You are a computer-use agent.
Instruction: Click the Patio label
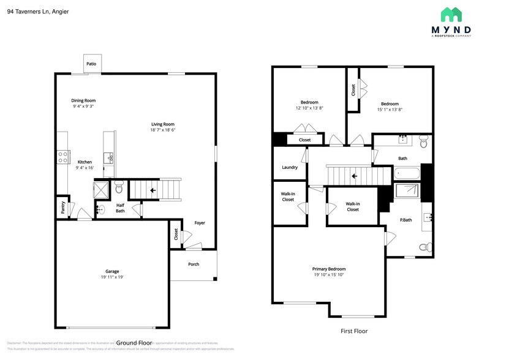(x=91, y=64)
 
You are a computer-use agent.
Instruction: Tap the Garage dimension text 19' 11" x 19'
(x=111, y=277)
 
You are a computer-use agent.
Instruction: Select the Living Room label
(x=163, y=124)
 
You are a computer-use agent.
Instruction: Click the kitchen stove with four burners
(x=62, y=157)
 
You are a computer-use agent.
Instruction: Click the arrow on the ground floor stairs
(x=152, y=190)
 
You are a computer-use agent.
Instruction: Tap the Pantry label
(x=62, y=208)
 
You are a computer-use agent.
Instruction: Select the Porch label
(x=194, y=264)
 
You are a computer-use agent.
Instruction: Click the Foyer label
(x=200, y=223)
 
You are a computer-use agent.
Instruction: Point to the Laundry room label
(x=290, y=167)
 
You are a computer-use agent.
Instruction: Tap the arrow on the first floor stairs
(x=353, y=176)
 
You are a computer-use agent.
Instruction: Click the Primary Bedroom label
(x=329, y=269)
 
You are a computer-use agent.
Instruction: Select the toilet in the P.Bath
(x=423, y=247)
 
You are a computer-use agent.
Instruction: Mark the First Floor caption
(x=354, y=331)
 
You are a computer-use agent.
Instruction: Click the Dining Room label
(x=83, y=100)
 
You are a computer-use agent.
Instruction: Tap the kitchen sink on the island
(x=110, y=158)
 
